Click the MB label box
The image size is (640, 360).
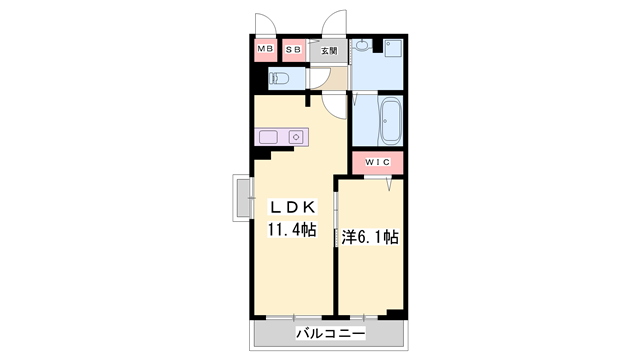[265, 49]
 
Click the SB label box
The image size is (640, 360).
[294, 49]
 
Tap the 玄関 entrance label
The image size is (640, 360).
[329, 50]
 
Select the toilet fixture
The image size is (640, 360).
[281, 77]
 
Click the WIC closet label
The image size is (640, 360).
[377, 162]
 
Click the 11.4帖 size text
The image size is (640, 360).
[291, 230]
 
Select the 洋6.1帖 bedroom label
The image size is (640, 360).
[371, 237]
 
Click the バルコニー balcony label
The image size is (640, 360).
[331, 332]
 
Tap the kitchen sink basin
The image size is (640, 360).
[271, 137]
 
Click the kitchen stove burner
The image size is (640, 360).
[296, 137]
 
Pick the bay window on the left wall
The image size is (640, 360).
[243, 198]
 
